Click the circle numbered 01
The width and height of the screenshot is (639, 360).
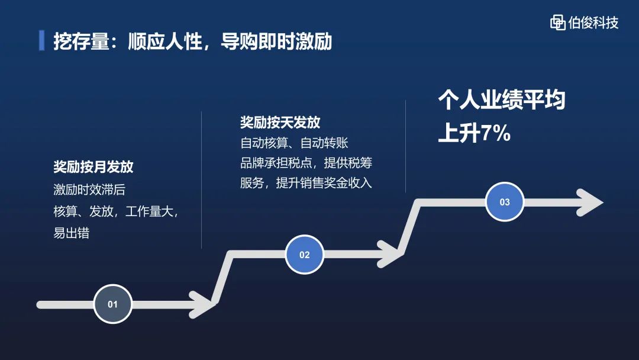pyautogui.click(x=112, y=304)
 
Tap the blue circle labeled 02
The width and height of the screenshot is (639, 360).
pyautogui.click(x=305, y=255)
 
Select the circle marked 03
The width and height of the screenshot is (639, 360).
pyautogui.click(x=505, y=202)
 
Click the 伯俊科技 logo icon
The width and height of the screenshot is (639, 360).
pyautogui.click(x=557, y=22)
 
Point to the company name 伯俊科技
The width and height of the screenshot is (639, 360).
pyautogui.click(x=593, y=22)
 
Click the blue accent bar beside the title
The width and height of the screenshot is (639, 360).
pyautogui.click(x=41, y=40)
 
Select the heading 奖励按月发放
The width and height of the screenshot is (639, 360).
pyautogui.click(x=93, y=167)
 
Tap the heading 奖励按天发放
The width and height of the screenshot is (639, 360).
pyautogui.click(x=280, y=123)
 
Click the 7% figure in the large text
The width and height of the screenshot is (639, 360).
pyautogui.click(x=496, y=133)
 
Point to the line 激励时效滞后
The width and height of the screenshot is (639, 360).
pyautogui.click(x=89, y=189)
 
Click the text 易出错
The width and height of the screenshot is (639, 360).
pyautogui.click(x=72, y=233)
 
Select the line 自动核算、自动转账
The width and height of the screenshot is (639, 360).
pyautogui.click(x=294, y=143)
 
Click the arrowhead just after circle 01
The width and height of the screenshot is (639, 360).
pyautogui.click(x=202, y=304)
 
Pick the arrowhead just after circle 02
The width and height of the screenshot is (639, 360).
pyautogui.click(x=390, y=254)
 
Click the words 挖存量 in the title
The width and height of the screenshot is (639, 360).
pyautogui.click(x=81, y=41)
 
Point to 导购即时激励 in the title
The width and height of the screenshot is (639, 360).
pyautogui.click(x=276, y=41)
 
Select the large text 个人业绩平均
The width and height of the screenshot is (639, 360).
pyautogui.click(x=502, y=100)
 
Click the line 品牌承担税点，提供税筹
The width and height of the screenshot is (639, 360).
pyautogui.click(x=306, y=163)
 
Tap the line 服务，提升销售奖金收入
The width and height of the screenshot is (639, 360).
pyautogui.click(x=306, y=183)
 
